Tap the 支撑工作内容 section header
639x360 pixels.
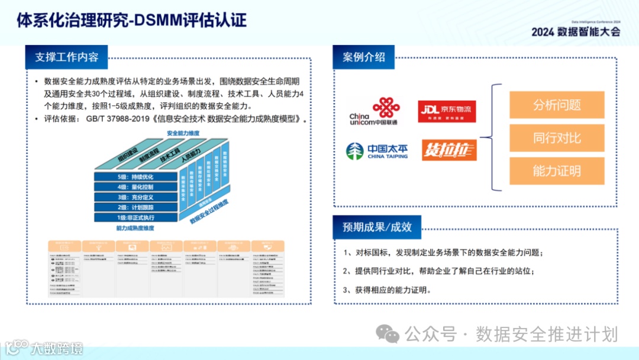[x=66, y=57]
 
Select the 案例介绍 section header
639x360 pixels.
[x=364, y=57]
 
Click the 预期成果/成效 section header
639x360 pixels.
[x=377, y=227]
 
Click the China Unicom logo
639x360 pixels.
[x=373, y=112]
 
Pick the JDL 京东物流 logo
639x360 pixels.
[x=447, y=111]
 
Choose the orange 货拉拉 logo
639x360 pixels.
[x=448, y=150]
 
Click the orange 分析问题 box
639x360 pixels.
[x=556, y=105]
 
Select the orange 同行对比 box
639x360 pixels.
[x=556, y=138]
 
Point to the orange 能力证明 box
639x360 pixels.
[x=556, y=171]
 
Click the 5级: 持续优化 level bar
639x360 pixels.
[x=135, y=177]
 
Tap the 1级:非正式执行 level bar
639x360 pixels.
[x=135, y=217]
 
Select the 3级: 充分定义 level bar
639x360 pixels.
[x=135, y=197]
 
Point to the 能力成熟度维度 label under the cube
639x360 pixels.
[x=135, y=228]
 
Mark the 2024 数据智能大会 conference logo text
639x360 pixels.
[x=575, y=32]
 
